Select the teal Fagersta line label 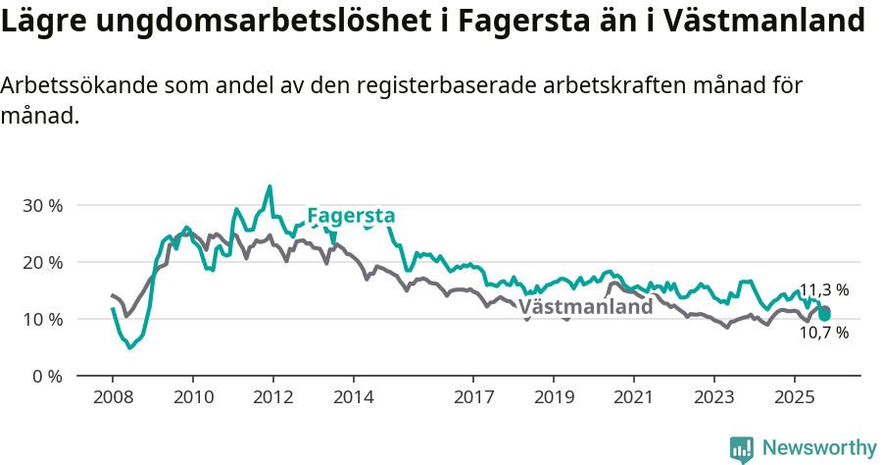[351, 216]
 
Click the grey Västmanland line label [585, 306]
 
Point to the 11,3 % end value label [823, 290]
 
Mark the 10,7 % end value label [823, 334]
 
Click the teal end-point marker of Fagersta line [825, 315]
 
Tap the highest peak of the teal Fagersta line [269, 186]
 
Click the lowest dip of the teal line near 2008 [129, 347]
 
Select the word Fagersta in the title [509, 21]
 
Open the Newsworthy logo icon [742, 448]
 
